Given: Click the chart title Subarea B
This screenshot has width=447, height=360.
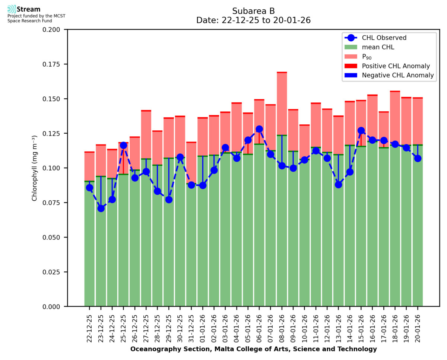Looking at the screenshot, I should (253, 11).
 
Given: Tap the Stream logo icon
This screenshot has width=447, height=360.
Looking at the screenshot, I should (12, 9).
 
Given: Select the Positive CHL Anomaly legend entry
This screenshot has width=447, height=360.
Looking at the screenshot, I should (396, 66).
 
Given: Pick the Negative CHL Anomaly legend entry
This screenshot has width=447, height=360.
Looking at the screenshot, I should (397, 75).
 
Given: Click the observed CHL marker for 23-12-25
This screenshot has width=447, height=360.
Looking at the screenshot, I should (101, 208).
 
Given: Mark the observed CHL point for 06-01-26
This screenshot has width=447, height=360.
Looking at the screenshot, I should (259, 129).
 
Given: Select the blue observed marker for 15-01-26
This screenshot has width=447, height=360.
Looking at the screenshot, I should (361, 131).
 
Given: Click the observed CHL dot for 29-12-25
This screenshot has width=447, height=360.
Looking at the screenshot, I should (169, 200).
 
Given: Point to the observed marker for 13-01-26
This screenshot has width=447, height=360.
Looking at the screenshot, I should (338, 185).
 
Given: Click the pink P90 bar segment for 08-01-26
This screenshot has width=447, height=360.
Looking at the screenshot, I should (282, 104).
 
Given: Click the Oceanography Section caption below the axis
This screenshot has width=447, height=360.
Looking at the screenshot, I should (253, 349).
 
